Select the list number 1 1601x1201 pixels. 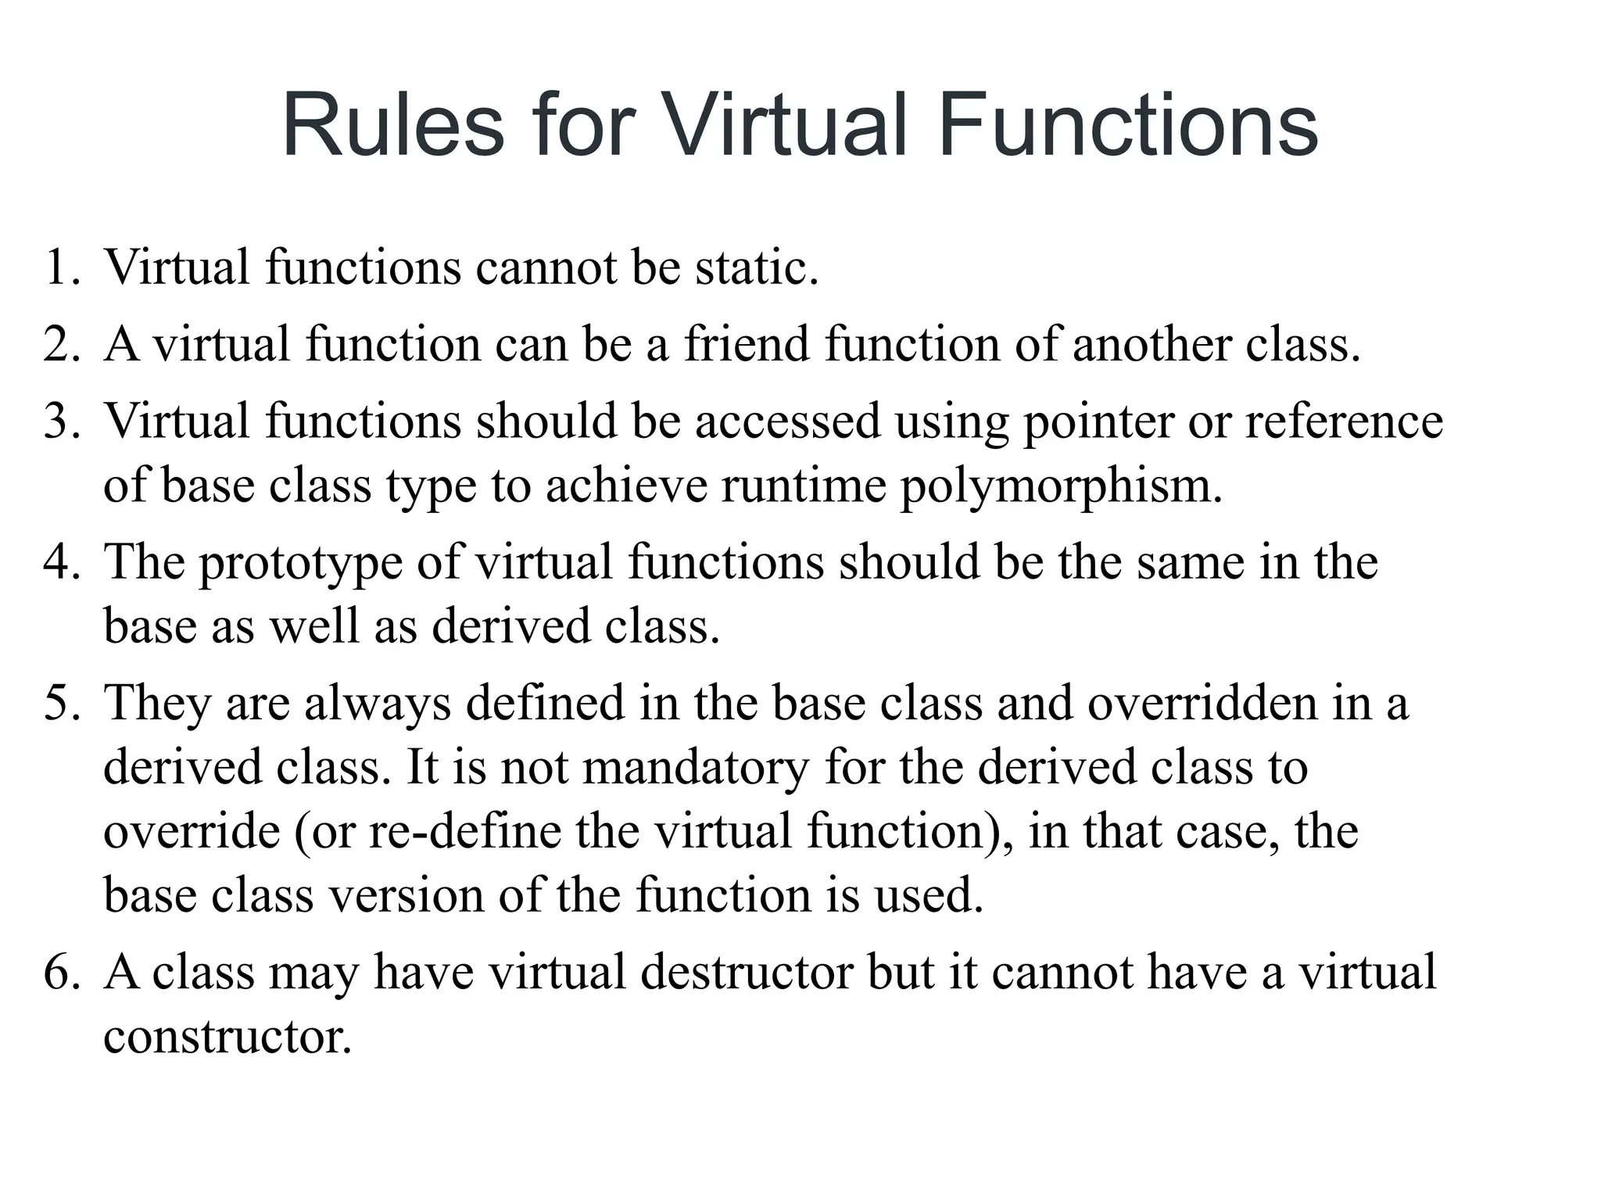pyautogui.click(x=62, y=267)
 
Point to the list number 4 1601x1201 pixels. pyautogui.click(x=62, y=562)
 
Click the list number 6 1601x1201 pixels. pyautogui.click(x=62, y=973)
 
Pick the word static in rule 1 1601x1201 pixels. pyautogui.click(x=756, y=267)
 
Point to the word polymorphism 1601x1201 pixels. pyautogui.click(x=1061, y=486)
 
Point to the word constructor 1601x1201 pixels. pyautogui.click(x=227, y=1038)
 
